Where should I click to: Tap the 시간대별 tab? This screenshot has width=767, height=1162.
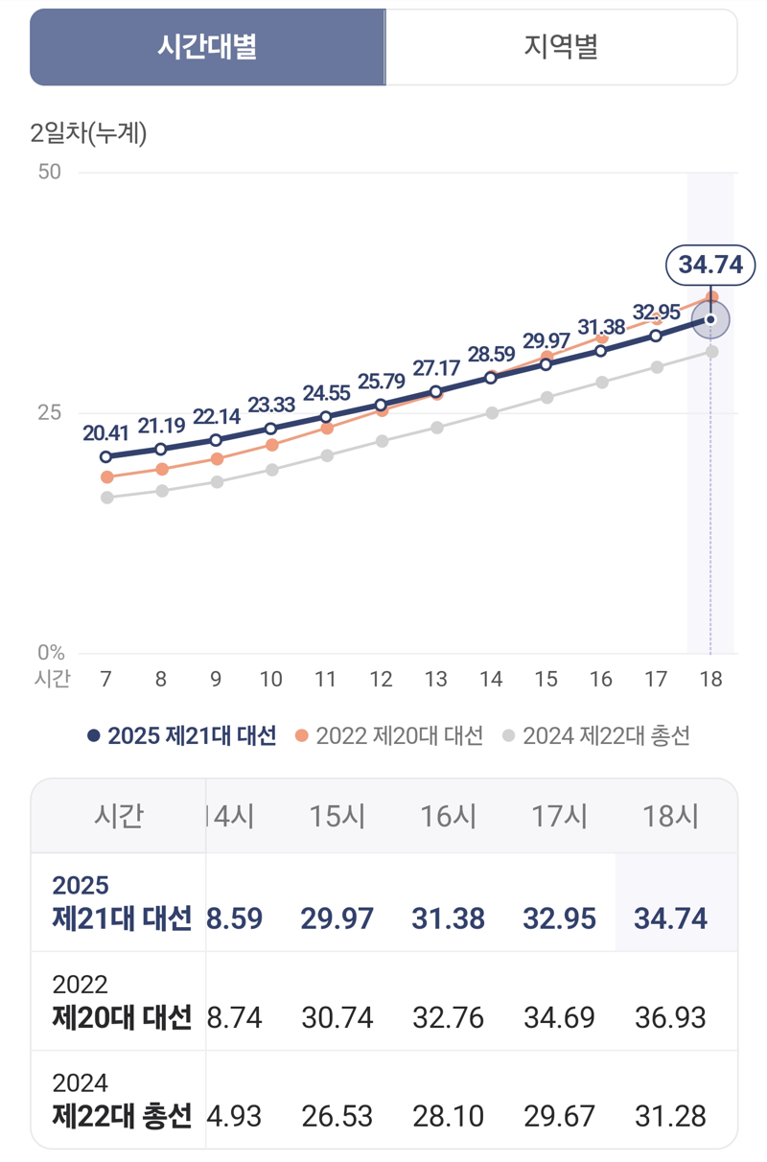click(x=207, y=47)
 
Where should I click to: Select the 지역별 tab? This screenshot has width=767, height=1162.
click(x=561, y=47)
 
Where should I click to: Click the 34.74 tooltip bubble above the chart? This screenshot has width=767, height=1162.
click(x=710, y=265)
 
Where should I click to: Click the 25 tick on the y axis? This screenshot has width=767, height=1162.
click(x=49, y=412)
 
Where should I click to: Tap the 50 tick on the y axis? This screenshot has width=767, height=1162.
click(x=49, y=172)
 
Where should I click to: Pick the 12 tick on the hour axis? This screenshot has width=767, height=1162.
click(x=381, y=679)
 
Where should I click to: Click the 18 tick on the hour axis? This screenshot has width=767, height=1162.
click(x=710, y=679)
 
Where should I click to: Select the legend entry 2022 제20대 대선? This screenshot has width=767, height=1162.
click(x=389, y=735)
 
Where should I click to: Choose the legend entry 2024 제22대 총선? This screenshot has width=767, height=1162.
click(x=596, y=735)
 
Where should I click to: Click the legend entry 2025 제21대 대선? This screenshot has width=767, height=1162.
click(x=182, y=735)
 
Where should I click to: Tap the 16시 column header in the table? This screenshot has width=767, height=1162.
click(x=448, y=816)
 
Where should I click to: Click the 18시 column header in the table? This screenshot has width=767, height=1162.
click(x=670, y=816)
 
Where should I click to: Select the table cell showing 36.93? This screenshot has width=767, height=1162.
click(x=670, y=1016)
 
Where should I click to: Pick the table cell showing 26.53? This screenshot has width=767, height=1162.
click(x=337, y=1116)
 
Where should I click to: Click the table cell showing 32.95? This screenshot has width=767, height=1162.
click(x=559, y=918)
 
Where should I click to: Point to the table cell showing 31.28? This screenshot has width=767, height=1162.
click(x=670, y=1116)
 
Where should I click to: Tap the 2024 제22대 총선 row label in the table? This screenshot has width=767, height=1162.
click(x=121, y=1101)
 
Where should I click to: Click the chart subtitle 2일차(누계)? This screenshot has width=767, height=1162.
click(x=88, y=133)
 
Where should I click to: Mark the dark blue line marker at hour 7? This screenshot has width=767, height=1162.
click(x=105, y=456)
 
